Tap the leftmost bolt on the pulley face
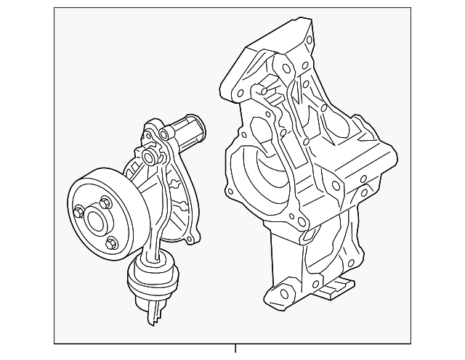[78, 211]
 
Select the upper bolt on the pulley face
[107, 201]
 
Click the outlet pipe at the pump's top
[190, 131]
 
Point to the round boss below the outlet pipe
[150, 157]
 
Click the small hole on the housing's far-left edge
[230, 193]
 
